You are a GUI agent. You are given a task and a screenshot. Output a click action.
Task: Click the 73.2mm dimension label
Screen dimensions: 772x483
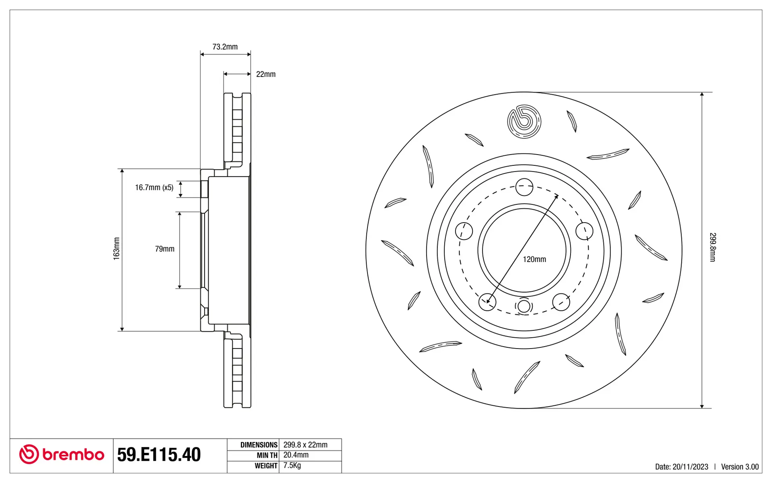[x=225, y=47]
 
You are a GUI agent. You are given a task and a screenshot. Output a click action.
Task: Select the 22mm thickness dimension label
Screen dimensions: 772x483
[x=266, y=74]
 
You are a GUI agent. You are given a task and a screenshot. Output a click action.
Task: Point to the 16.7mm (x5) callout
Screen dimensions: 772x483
[x=154, y=188]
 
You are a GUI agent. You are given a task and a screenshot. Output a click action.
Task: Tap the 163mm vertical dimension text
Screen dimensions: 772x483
[x=117, y=249]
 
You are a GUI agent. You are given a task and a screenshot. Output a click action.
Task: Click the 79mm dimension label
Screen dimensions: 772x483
[x=165, y=249]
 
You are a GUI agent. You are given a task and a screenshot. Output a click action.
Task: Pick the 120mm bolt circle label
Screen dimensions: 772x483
[x=534, y=260]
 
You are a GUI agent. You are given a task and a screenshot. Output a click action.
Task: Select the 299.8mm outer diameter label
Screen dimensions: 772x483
[x=712, y=247]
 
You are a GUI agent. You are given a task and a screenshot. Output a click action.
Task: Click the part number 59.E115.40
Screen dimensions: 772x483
[x=159, y=455]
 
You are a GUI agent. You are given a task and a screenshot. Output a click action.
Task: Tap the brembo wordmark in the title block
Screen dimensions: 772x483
[x=73, y=455]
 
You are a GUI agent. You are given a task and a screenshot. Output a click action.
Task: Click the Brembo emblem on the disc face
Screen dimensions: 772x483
[x=524, y=122]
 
